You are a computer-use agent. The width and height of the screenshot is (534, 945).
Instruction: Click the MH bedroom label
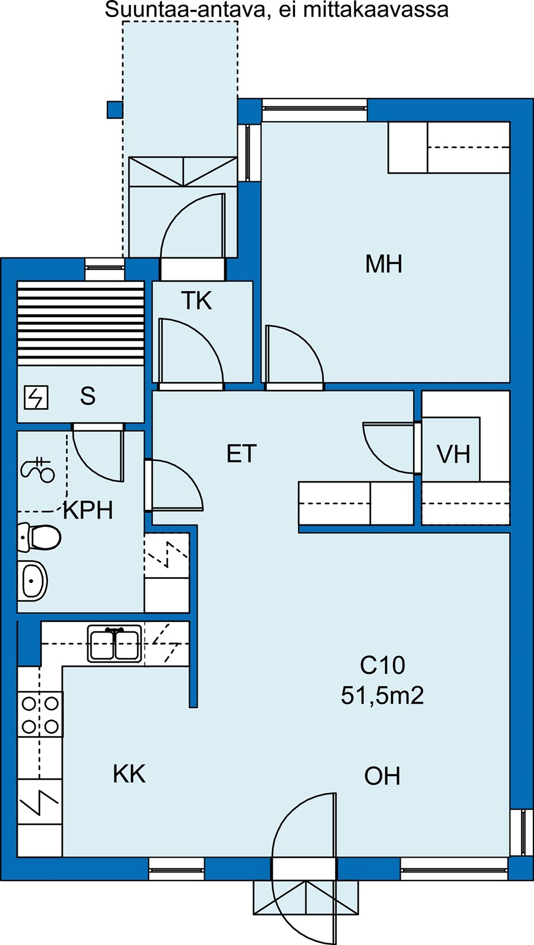pos(384,263)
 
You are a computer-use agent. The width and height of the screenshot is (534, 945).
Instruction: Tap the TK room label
pos(196,301)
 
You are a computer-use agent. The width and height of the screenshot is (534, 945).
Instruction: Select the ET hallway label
pos(241,454)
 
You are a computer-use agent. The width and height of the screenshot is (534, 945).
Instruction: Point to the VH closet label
pos(453,454)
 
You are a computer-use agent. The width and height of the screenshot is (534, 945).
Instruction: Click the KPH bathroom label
pos(88,510)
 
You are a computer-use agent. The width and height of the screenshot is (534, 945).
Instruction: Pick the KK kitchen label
pos(129,774)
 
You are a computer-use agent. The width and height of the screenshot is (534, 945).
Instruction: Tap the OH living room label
pos(382,776)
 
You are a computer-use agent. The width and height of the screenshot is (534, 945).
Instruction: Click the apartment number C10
pos(382,665)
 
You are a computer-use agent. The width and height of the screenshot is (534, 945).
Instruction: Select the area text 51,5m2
pos(382,695)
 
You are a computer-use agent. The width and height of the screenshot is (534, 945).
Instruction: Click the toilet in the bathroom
pos(39,537)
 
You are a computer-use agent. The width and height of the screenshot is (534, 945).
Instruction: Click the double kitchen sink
pos(114,643)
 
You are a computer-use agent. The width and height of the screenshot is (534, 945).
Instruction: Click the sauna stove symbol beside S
pos(36,397)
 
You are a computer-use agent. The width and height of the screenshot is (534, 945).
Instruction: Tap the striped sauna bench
pos(80,323)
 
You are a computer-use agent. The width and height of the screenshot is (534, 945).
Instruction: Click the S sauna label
pos(88,396)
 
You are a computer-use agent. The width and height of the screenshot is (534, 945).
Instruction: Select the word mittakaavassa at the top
pos(375,9)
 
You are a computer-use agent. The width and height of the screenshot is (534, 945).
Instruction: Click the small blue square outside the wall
pos(114,109)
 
